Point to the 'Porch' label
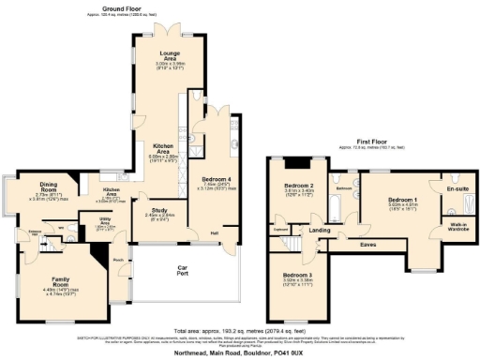[118, 259]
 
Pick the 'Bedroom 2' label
[298, 186]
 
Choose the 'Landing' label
[320, 230]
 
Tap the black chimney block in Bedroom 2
[298, 160]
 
